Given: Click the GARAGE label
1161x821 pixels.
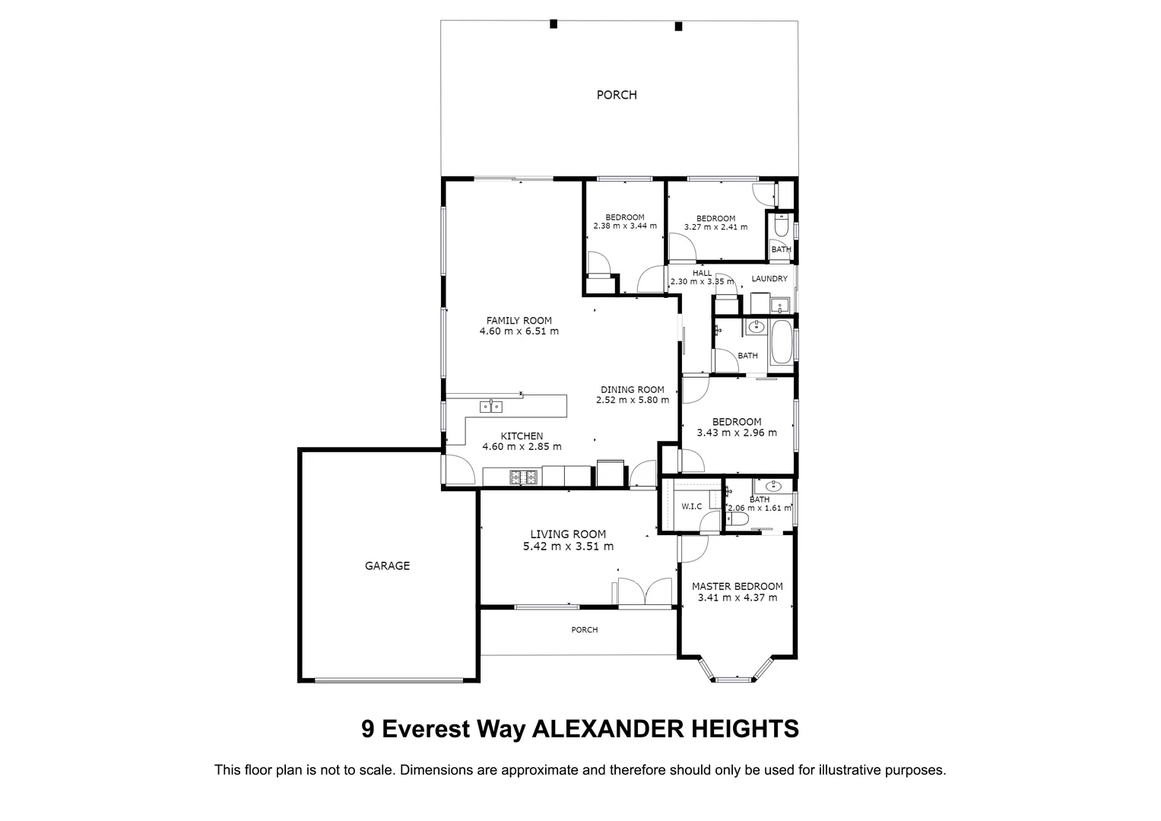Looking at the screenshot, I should (x=387, y=566).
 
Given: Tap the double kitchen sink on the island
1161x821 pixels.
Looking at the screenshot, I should (x=491, y=407).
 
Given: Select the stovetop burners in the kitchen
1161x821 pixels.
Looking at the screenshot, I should (x=522, y=477).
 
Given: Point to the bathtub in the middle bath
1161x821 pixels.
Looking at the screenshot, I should (x=781, y=344).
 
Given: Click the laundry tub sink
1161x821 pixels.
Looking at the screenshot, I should (x=778, y=307).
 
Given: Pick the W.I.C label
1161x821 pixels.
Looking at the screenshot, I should (x=691, y=506).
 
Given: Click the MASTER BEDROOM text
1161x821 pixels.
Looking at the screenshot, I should (x=737, y=586).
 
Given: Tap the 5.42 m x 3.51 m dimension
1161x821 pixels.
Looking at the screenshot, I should (x=568, y=546).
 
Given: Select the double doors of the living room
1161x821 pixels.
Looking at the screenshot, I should (x=645, y=591).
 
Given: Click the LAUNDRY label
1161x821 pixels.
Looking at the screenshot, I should (x=769, y=279).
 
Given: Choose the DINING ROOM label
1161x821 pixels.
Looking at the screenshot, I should (x=632, y=389).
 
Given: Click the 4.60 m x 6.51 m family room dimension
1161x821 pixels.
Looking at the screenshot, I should (x=519, y=331).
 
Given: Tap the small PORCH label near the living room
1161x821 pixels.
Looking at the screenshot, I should (x=584, y=629).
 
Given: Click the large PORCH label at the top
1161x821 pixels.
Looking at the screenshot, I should (x=616, y=95).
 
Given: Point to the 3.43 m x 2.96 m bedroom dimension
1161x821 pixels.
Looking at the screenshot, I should (x=736, y=433).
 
